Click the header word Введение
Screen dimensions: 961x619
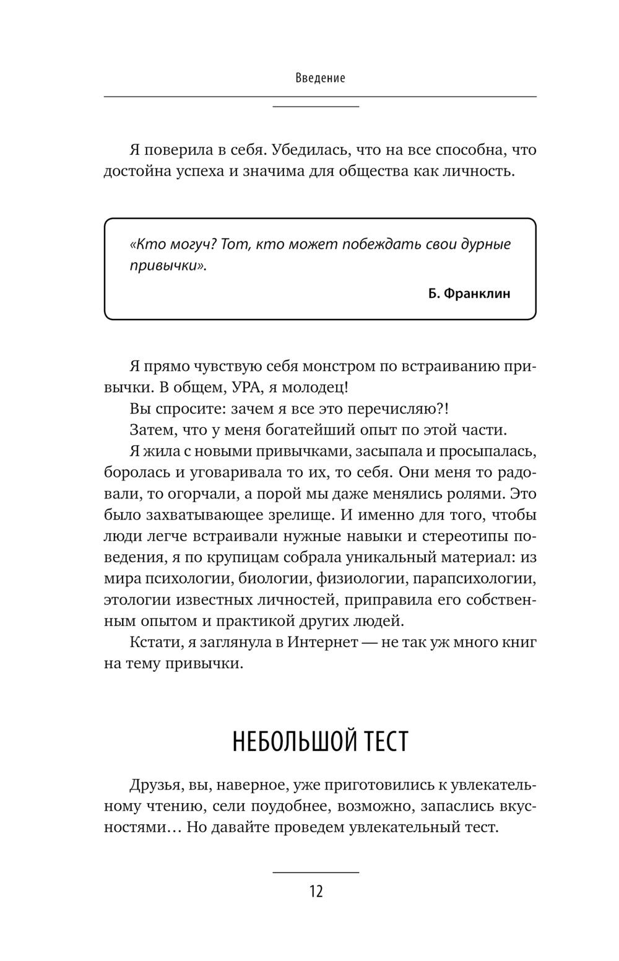[x=320, y=78]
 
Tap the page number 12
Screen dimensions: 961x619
[x=316, y=892]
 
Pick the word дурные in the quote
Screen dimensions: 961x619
[x=486, y=244]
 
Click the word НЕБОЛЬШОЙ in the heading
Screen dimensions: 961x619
[x=287, y=741]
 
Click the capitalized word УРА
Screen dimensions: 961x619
[x=250, y=388]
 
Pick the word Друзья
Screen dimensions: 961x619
[x=155, y=785]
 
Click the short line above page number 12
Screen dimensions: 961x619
[x=316, y=872]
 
